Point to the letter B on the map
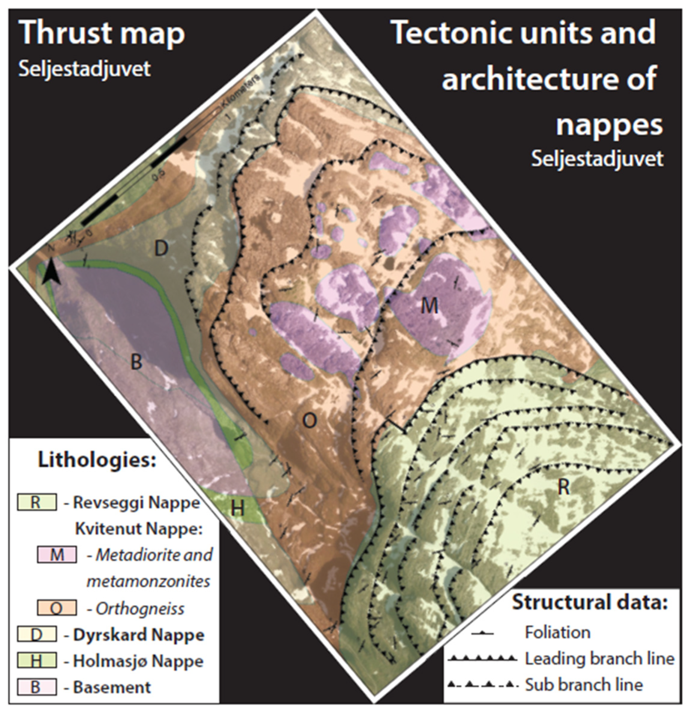pyautogui.click(x=136, y=362)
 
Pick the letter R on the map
pyautogui.click(x=564, y=487)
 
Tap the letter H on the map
pyautogui.click(x=238, y=508)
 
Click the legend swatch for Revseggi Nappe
pyautogui.click(x=37, y=502)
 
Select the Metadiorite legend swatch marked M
pyautogui.click(x=57, y=555)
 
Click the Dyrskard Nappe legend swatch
pyautogui.click(x=37, y=635)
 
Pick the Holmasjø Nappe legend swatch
pyautogui.click(x=37, y=661)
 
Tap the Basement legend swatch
pyautogui.click(x=37, y=687)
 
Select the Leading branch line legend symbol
pyautogui.click(x=482, y=659)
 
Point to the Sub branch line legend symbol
pyautogui.click(x=482, y=684)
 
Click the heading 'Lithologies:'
pyautogui.click(x=97, y=460)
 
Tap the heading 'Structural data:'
pyautogui.click(x=590, y=602)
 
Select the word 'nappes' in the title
pyautogui.click(x=609, y=125)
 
